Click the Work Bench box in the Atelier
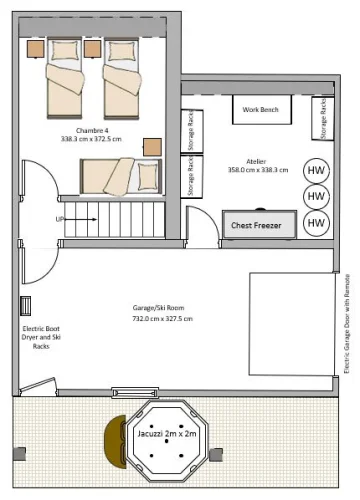point(262,110)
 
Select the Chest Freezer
point(259,224)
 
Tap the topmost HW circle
point(316,171)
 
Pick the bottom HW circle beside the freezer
point(316,223)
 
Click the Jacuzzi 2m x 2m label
point(167,434)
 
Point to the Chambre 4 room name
point(92,130)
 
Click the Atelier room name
point(256,162)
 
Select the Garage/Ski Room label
point(158,308)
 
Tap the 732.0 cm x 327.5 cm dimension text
point(162,319)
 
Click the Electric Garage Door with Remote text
point(347,324)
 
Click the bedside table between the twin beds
point(92,49)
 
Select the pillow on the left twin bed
point(65,51)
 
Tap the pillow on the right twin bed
point(121,51)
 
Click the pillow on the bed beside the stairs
point(148,177)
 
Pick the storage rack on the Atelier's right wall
point(323,118)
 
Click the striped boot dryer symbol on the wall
point(25,306)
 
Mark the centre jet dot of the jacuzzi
point(166,441)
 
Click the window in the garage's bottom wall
point(135,393)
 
